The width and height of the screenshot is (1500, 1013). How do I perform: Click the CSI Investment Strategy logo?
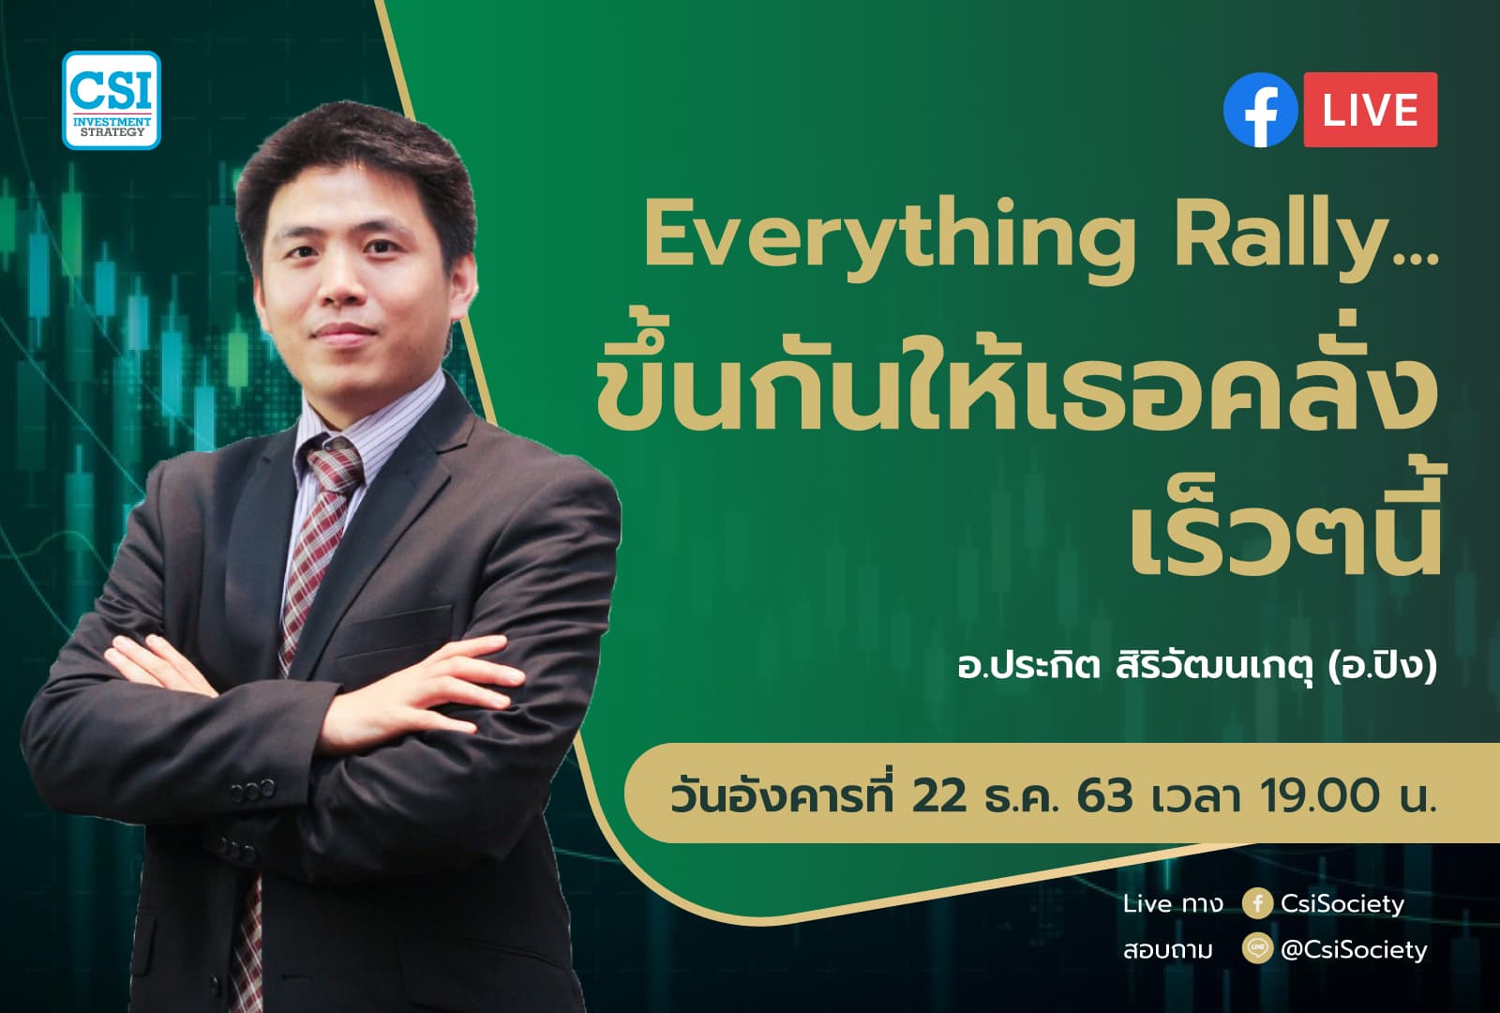pyautogui.click(x=112, y=100)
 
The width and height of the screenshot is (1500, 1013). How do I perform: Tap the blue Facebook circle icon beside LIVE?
pyautogui.click(x=1260, y=110)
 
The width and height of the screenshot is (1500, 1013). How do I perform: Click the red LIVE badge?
pyautogui.click(x=1370, y=110)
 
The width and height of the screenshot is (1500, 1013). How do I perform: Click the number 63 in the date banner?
pyautogui.click(x=1104, y=796)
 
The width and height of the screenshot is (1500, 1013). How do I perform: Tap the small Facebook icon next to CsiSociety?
pyautogui.click(x=1257, y=903)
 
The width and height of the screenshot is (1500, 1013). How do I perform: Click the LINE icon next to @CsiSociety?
pyautogui.click(x=1257, y=949)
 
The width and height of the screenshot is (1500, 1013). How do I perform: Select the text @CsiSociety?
pyautogui.click(x=1353, y=949)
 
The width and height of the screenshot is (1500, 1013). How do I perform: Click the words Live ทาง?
pyautogui.click(x=1172, y=903)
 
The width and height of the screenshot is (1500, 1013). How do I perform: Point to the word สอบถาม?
pyautogui.click(x=1167, y=950)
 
